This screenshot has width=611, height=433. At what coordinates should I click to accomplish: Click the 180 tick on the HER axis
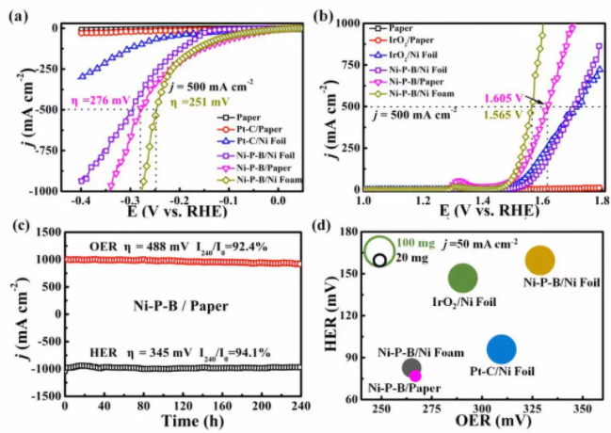pyautogui.click(x=348, y=233)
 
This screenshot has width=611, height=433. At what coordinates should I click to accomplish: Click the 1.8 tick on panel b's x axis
pyautogui.click(x=600, y=201)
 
